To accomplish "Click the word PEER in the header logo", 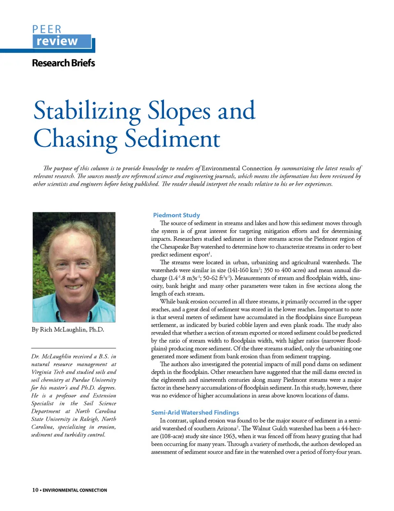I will [x=47, y=29].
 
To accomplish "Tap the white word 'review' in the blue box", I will [x=57, y=41].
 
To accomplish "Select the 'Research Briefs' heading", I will [x=63, y=63].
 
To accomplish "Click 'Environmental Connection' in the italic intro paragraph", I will [x=237, y=168].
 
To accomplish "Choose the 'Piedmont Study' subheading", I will [x=176, y=215].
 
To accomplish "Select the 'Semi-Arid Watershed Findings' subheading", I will [x=195, y=412].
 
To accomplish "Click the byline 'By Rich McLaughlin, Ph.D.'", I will [x=68, y=330].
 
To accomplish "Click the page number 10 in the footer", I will [x=35, y=490].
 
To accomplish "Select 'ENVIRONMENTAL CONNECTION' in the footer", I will [x=75, y=490].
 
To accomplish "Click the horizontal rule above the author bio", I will [x=74, y=348].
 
